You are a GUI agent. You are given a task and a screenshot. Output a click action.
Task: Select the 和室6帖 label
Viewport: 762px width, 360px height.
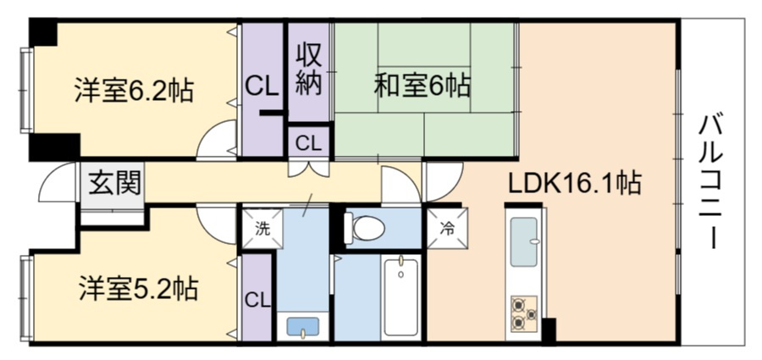pos(422,85)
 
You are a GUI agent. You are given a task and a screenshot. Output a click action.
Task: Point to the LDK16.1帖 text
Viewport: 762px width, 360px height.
pos(573,182)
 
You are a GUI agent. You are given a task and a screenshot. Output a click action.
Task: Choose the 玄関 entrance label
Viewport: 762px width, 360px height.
pos(112,182)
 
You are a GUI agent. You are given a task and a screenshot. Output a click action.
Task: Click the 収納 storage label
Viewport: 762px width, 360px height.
pos(308,70)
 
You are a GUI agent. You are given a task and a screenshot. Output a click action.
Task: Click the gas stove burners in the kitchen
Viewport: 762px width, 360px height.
pos(523,313)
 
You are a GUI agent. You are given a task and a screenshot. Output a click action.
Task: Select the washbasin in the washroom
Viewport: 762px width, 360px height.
pos(303,327)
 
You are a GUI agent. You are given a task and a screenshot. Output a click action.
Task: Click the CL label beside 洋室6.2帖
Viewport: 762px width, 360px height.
pos(259,85)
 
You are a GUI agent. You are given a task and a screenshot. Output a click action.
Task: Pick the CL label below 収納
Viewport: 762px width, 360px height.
pos(308,142)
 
